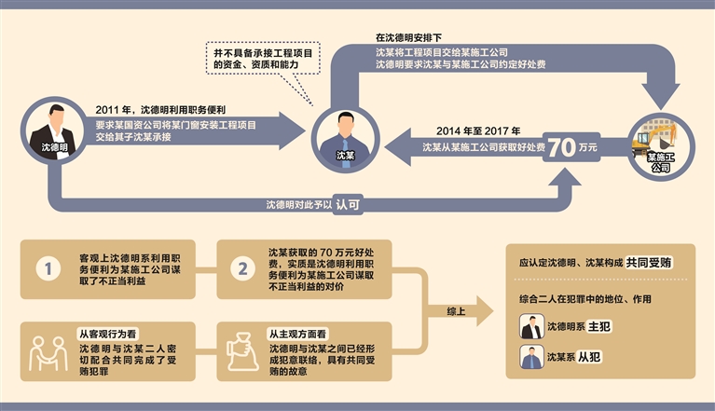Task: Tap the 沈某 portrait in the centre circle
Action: point(344,135)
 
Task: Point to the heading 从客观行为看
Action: point(110,332)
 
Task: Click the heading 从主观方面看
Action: point(303,332)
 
